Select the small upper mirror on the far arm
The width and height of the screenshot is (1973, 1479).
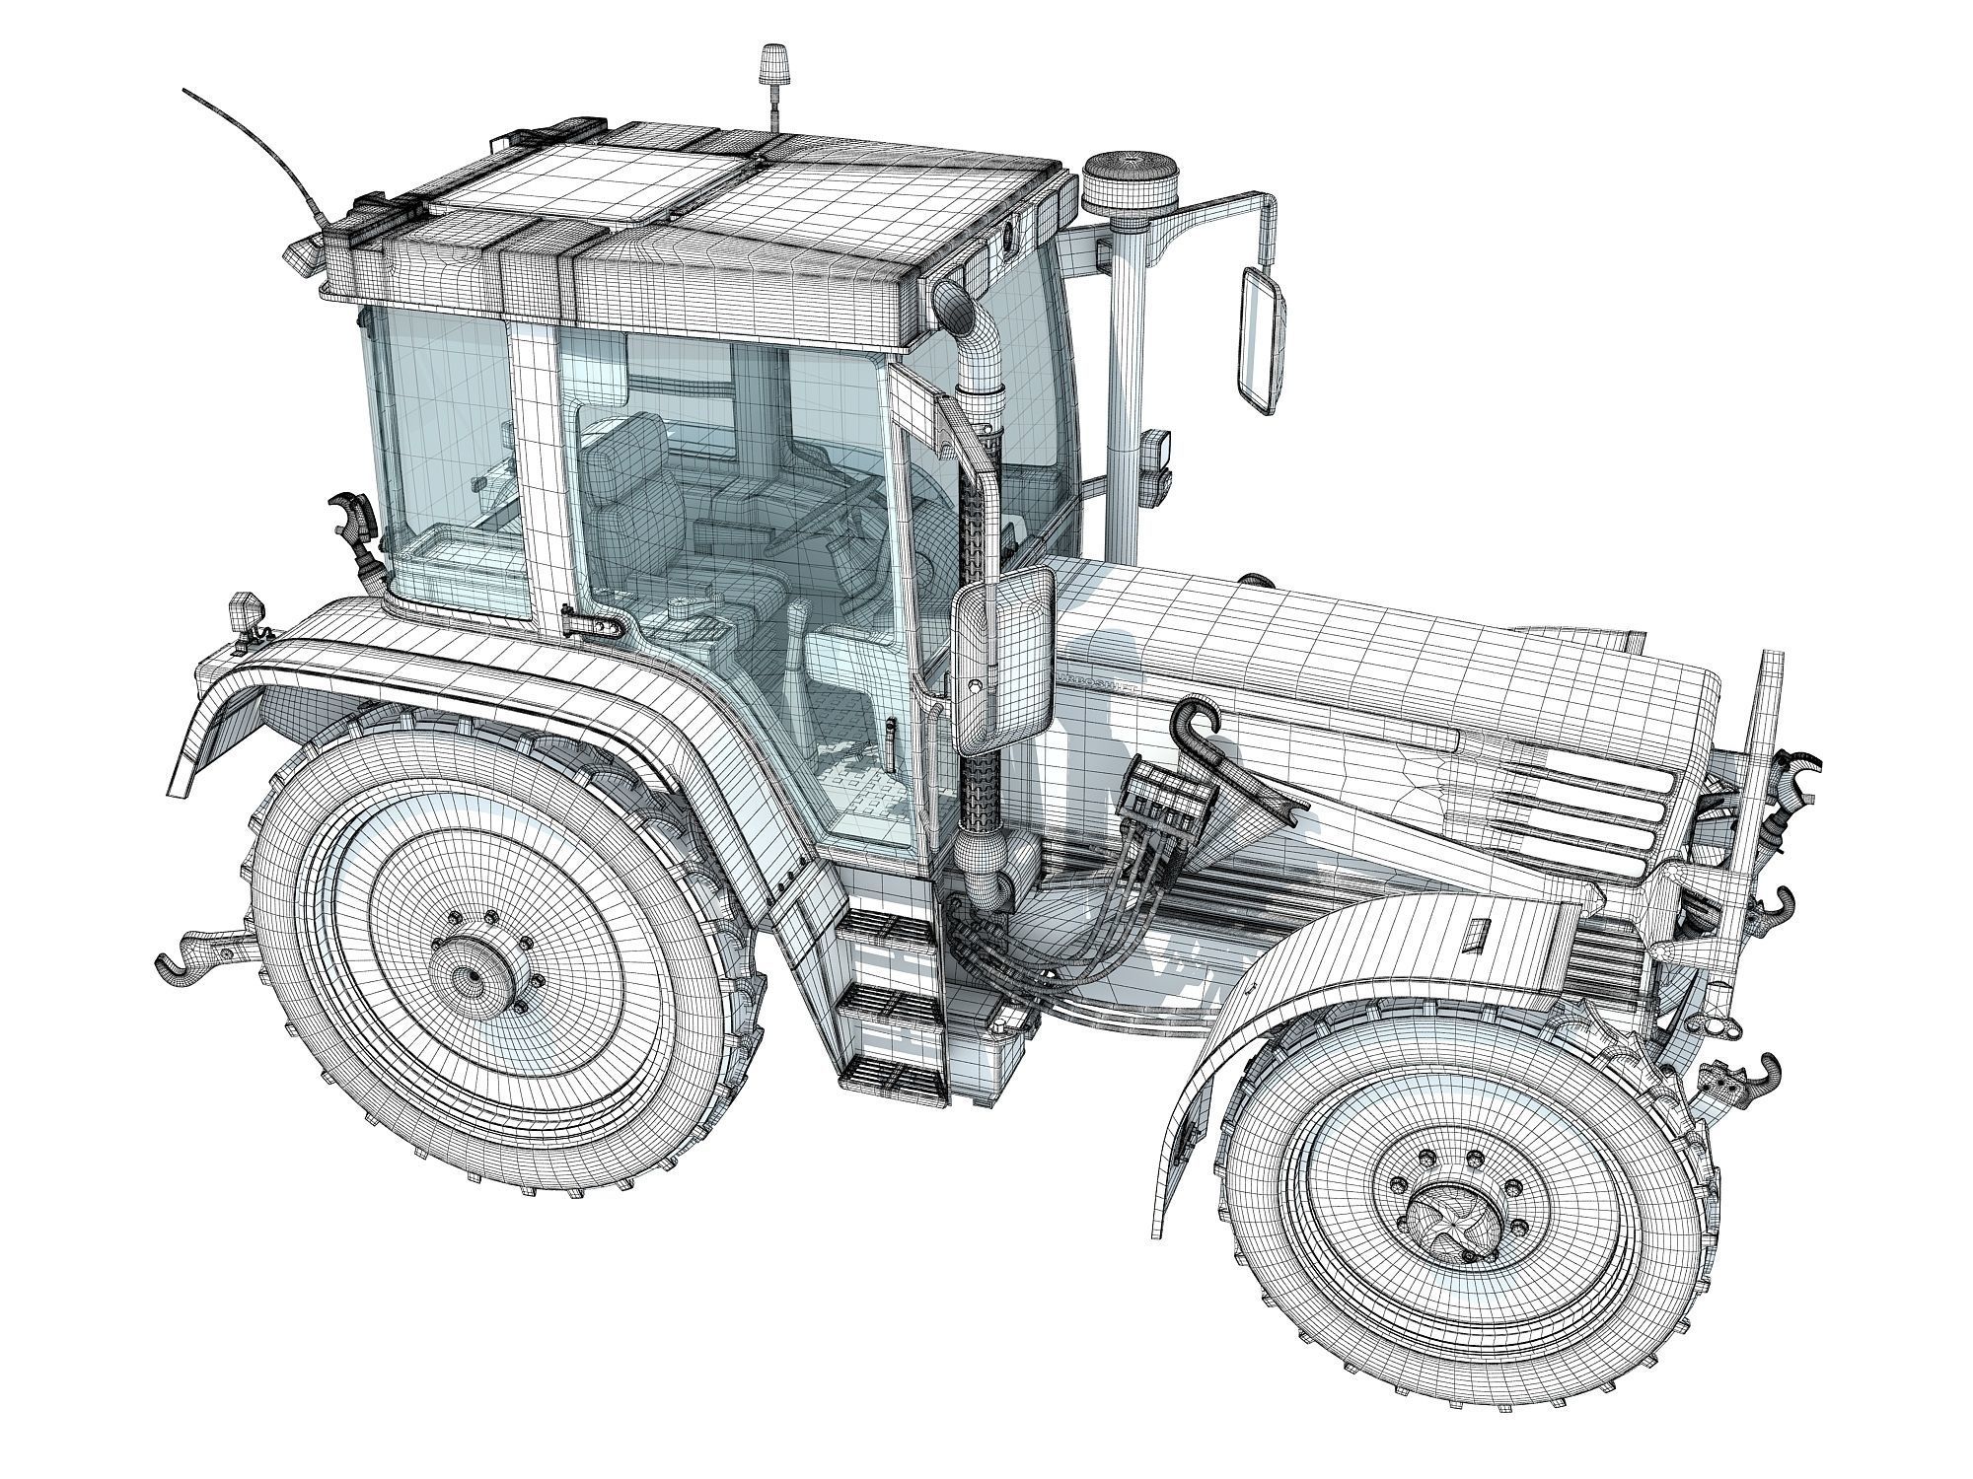tap(1262, 338)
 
